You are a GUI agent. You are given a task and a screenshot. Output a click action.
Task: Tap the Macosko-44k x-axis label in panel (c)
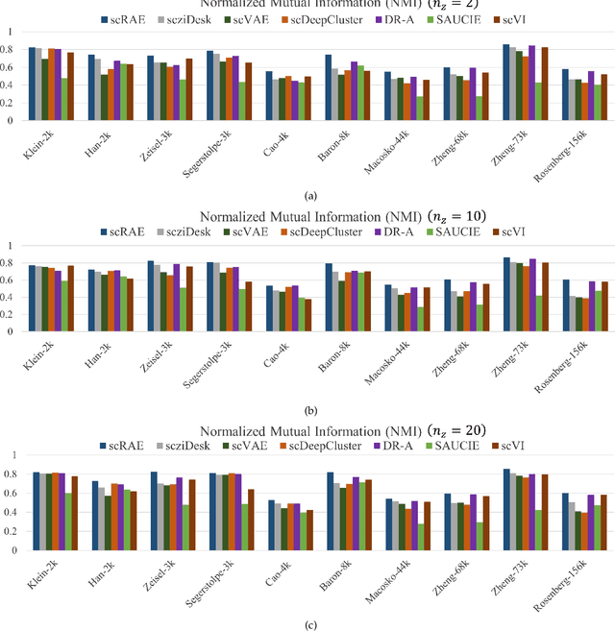click(362, 579)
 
